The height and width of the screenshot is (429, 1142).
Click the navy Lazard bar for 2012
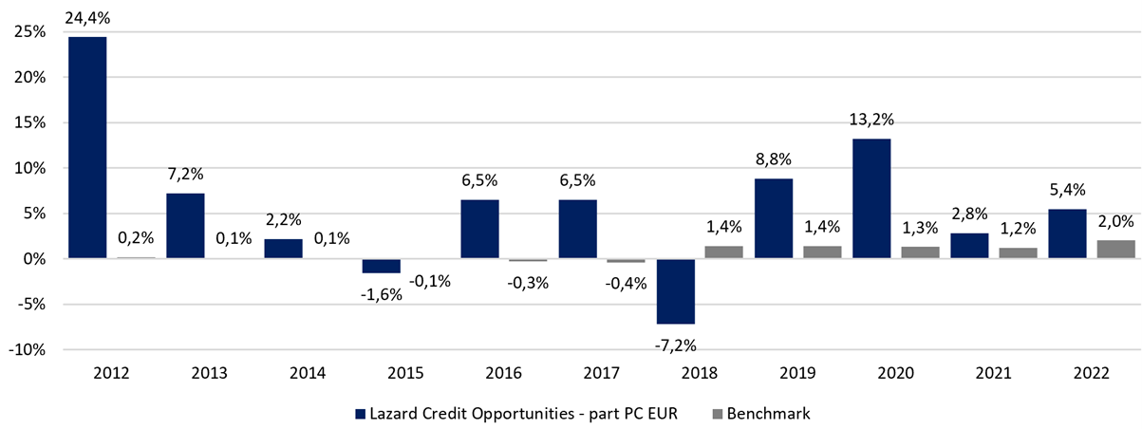point(87,147)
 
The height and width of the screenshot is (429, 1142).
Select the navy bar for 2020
point(871,198)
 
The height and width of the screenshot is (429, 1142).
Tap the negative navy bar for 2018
point(676,291)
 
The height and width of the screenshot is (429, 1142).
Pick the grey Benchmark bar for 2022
point(1116,250)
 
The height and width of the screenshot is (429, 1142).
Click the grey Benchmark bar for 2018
point(724,252)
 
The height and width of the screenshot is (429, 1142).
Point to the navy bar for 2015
point(382,266)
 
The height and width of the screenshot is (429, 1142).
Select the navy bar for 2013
point(185,226)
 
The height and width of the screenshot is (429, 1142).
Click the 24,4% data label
point(87,18)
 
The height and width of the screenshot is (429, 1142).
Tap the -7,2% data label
point(675,345)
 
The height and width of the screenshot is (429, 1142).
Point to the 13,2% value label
point(871,120)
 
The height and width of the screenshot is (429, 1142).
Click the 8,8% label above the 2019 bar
point(774,159)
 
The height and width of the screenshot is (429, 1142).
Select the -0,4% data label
point(627,283)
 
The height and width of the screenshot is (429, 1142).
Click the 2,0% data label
point(1116,221)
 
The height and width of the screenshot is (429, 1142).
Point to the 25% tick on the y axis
point(30,32)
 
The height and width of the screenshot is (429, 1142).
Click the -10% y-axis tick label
point(27,350)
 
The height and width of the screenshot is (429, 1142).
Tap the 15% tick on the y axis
point(30,122)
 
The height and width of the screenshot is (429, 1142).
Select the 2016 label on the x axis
point(504,373)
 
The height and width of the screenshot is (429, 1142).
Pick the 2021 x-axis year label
point(994,373)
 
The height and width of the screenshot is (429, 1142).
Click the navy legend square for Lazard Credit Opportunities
point(361,414)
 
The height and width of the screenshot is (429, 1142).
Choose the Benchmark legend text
point(768,414)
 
